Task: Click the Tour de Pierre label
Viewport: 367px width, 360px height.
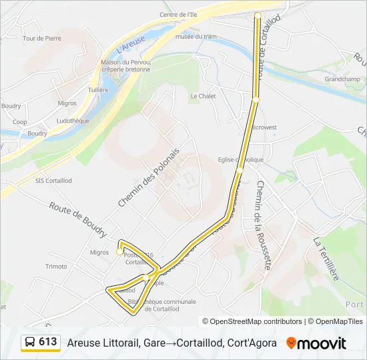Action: [x=41, y=39]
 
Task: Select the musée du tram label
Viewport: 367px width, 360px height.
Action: [x=196, y=37]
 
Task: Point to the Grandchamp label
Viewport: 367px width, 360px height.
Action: [x=343, y=79]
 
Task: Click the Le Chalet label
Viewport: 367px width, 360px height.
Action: [x=204, y=96]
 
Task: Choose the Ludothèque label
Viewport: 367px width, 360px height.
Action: [x=73, y=121]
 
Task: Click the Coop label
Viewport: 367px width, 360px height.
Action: [x=19, y=122]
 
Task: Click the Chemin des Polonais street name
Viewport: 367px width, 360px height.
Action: [x=149, y=177]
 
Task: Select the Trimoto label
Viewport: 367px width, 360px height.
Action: [x=56, y=266]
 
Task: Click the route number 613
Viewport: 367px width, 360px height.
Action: [x=48, y=342]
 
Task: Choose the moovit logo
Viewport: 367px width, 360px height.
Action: [x=316, y=343]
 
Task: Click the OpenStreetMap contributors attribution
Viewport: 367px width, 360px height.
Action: [x=256, y=321]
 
